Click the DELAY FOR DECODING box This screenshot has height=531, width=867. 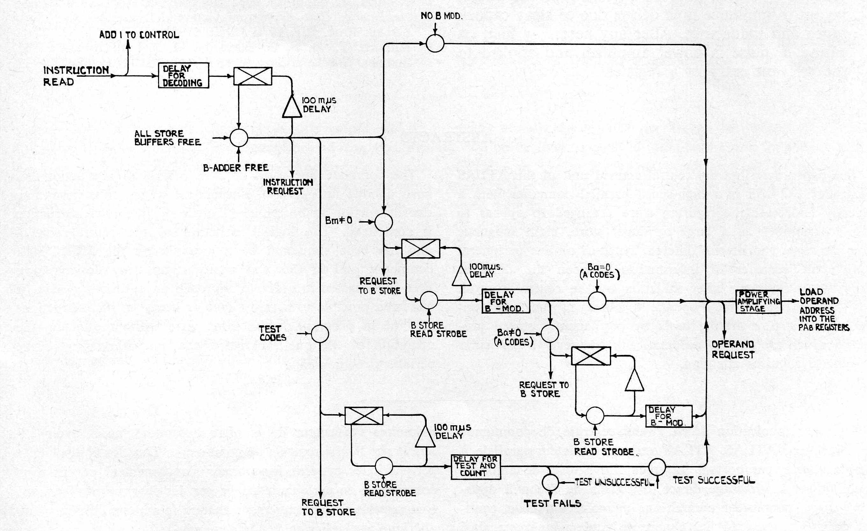(x=183, y=75)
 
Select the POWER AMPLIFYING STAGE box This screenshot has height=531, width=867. (x=758, y=301)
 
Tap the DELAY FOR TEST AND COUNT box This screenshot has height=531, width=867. (x=476, y=467)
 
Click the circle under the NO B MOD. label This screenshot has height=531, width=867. (x=435, y=43)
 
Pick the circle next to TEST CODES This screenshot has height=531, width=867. (x=320, y=333)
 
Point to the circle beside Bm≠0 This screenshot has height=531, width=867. (x=384, y=222)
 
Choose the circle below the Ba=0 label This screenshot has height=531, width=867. (x=597, y=301)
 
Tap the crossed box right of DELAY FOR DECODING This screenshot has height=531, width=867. (x=253, y=76)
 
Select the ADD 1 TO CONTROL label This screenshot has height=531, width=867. (x=139, y=35)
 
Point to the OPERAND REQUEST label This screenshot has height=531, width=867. (x=733, y=350)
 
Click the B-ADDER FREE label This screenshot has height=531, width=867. (x=236, y=168)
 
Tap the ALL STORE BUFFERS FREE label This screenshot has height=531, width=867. (x=168, y=138)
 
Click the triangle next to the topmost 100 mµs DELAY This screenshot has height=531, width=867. (x=292, y=106)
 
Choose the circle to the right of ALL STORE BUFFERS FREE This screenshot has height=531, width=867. (x=239, y=138)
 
